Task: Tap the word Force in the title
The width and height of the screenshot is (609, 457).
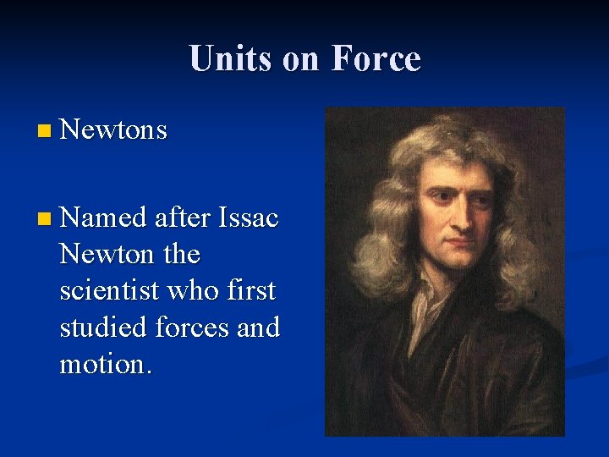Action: click(376, 58)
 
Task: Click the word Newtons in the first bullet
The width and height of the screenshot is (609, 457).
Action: click(114, 130)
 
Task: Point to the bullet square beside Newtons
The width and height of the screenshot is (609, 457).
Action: click(45, 131)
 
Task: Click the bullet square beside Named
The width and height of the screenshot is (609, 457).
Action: click(45, 219)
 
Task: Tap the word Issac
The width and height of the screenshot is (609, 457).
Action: click(247, 217)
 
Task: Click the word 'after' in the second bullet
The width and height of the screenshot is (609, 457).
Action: click(182, 217)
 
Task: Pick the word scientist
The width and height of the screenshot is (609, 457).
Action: click(110, 290)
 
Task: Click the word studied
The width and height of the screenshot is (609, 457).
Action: click(101, 327)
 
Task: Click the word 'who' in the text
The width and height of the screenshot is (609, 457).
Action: click(195, 290)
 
